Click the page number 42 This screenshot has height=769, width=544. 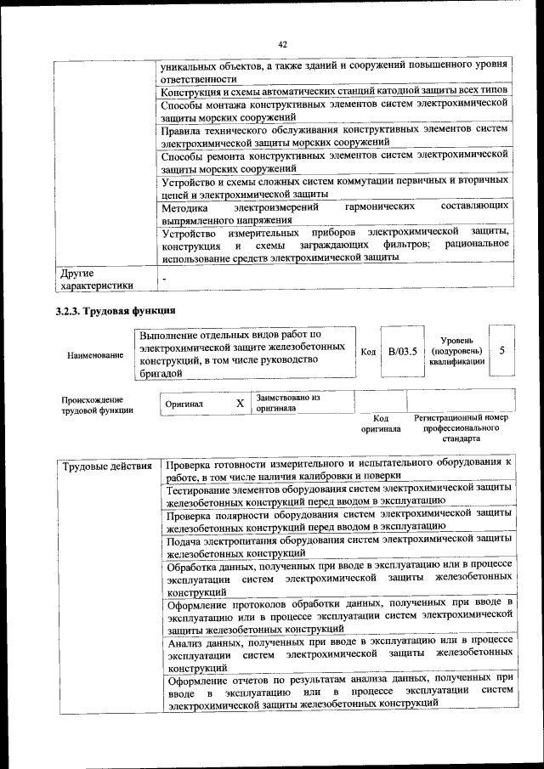[x=283, y=44]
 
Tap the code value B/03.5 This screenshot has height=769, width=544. [x=401, y=352]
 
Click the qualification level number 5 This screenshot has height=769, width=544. [x=503, y=351]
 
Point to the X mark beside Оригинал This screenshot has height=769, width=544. [x=241, y=404]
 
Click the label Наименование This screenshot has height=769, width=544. [x=94, y=354]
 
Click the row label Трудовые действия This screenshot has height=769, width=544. [x=106, y=466]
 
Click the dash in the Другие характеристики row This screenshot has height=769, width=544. [x=165, y=278]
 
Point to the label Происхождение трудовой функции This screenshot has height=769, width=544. [x=93, y=404]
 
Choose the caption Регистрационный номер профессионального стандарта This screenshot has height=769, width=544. [x=461, y=428]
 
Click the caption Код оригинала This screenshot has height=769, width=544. [x=381, y=424]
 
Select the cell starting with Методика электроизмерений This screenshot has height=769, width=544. [x=334, y=213]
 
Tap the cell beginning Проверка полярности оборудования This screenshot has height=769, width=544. [x=339, y=520]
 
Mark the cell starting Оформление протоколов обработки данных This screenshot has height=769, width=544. [x=339, y=616]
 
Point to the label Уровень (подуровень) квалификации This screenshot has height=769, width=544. [x=457, y=351]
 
